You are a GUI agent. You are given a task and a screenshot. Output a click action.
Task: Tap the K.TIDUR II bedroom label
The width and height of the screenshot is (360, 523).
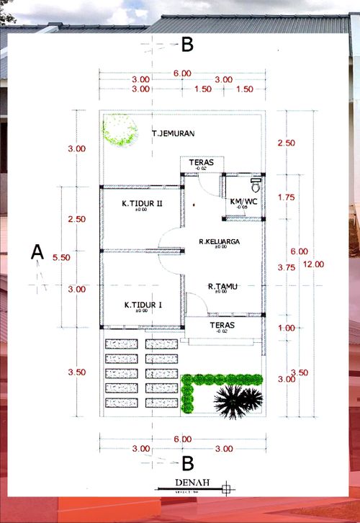(142, 204)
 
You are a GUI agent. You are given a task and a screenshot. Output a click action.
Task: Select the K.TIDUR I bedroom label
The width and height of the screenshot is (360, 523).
(142, 305)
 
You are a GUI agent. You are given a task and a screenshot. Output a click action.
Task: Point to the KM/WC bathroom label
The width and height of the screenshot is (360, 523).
(243, 201)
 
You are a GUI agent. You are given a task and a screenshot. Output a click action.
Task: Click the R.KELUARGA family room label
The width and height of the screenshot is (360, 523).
(220, 241)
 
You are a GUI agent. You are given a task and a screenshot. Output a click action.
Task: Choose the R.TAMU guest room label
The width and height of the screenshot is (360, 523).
(222, 286)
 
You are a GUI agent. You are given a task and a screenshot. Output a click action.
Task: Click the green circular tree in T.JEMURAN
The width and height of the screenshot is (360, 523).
(120, 131)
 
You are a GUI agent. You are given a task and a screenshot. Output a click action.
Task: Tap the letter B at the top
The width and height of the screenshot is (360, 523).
(187, 45)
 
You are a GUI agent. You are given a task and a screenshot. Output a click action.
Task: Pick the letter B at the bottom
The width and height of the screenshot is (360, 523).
(187, 462)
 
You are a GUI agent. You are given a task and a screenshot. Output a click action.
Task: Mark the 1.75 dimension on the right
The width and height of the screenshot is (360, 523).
(286, 197)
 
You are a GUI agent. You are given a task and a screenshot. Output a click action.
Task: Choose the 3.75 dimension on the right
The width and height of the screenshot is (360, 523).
(286, 267)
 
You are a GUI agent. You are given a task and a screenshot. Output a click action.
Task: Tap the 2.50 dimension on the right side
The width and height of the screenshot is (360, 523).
(286, 143)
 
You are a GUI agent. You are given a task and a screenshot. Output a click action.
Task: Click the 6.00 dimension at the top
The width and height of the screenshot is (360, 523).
(182, 73)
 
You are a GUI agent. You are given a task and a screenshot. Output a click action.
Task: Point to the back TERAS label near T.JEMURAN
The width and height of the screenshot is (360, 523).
(202, 163)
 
